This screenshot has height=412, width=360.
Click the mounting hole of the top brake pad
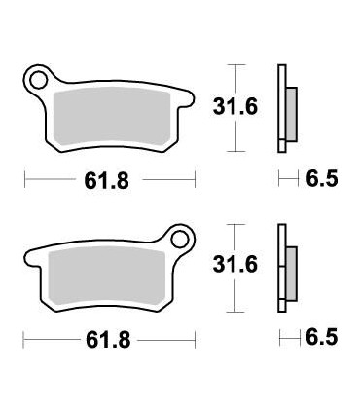tap(39, 78)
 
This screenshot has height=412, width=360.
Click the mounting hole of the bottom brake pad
tap(180, 238)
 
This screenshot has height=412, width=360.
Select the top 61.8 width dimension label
tap(110, 180)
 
